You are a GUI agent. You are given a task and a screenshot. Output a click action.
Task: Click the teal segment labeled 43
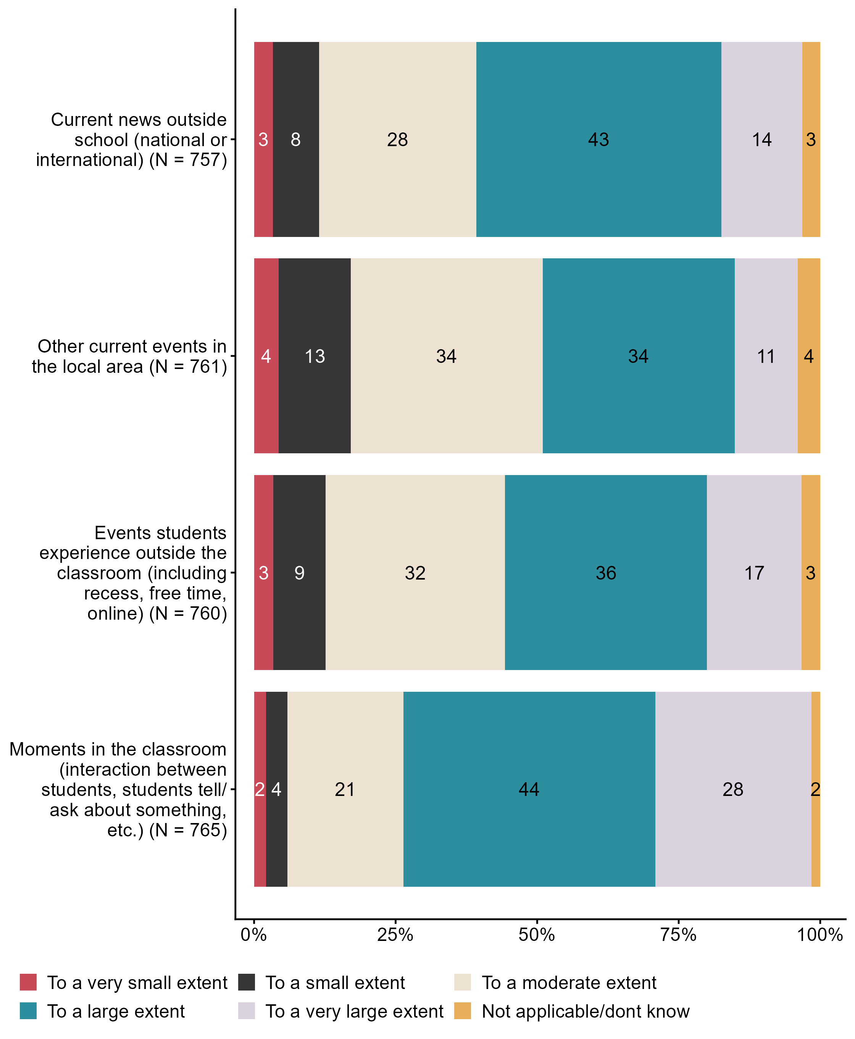click(598, 139)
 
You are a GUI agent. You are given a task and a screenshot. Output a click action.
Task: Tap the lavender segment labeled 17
click(753, 573)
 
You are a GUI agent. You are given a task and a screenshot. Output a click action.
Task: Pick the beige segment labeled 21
click(345, 789)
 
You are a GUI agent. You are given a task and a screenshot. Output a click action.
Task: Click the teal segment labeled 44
click(529, 789)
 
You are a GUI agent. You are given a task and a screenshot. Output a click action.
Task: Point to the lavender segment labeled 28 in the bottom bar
click(733, 789)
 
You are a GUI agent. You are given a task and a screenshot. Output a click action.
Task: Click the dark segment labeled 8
click(295, 139)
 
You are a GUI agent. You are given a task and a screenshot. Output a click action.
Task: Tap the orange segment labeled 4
click(809, 356)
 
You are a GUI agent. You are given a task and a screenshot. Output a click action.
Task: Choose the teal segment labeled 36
click(606, 573)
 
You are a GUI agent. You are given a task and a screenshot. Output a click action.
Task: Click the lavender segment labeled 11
click(766, 356)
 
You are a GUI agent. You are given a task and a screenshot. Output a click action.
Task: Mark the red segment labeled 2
click(260, 789)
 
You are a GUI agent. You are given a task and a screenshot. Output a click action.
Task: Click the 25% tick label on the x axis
click(395, 934)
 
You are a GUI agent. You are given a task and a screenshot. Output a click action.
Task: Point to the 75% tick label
click(678, 934)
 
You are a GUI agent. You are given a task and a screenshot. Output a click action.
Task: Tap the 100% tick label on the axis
click(820, 934)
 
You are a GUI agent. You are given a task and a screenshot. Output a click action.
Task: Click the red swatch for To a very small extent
click(28, 983)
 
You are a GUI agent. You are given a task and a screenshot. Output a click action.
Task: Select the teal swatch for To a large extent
click(28, 1011)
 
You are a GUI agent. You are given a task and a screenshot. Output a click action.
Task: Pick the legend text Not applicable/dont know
click(585, 1011)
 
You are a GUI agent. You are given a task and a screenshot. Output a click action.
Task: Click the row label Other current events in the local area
click(129, 356)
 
